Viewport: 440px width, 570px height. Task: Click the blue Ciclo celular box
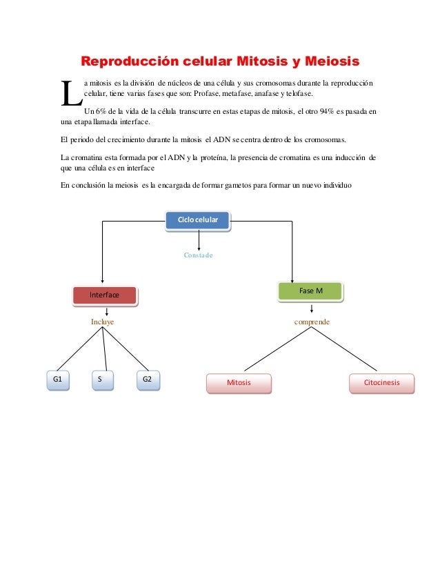point(198,220)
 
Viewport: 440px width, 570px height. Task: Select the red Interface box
point(105,295)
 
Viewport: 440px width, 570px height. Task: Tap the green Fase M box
point(310,291)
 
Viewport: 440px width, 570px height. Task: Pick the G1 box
point(58,380)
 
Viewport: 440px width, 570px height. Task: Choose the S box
point(102,380)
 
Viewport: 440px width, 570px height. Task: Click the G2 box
point(147,380)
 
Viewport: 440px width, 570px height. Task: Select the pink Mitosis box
point(239,382)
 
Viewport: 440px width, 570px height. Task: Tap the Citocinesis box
point(382,382)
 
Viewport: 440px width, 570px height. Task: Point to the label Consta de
point(198,255)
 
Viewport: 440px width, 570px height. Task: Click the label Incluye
point(102,322)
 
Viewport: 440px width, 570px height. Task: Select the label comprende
point(312,322)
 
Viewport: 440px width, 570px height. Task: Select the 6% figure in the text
point(100,111)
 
